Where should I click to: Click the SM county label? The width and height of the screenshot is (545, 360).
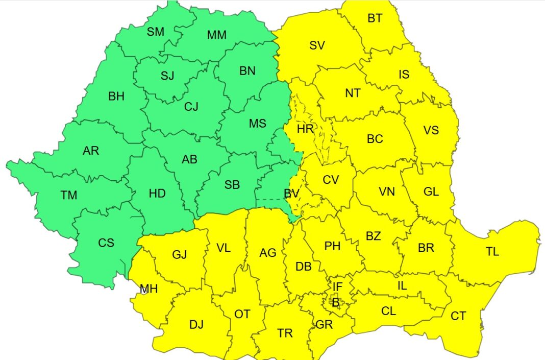click(x=156, y=32)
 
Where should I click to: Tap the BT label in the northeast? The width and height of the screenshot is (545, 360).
click(x=375, y=18)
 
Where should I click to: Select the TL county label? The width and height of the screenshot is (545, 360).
click(x=492, y=251)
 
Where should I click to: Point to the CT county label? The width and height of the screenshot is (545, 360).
click(x=458, y=316)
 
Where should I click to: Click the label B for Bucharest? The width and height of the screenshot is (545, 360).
click(x=335, y=302)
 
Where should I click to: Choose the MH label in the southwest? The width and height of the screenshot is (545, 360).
click(x=149, y=290)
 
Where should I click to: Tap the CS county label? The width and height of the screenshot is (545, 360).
click(x=106, y=243)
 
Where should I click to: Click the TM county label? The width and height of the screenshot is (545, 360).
click(x=69, y=195)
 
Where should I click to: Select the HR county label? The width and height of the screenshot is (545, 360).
click(x=305, y=129)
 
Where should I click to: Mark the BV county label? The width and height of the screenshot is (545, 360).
click(x=291, y=194)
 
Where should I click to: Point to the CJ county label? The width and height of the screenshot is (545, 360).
click(x=191, y=107)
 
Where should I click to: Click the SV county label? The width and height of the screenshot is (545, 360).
click(x=317, y=45)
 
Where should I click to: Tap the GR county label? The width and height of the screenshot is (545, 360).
click(x=324, y=325)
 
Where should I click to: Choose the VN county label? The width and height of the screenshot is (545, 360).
click(x=387, y=191)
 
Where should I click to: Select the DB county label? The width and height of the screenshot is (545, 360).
click(x=304, y=266)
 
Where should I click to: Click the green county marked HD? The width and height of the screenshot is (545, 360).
click(x=157, y=194)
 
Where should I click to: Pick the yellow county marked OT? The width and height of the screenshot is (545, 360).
click(x=242, y=314)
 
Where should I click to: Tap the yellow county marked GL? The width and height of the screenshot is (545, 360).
click(x=431, y=191)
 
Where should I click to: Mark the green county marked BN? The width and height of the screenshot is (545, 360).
click(x=247, y=71)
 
